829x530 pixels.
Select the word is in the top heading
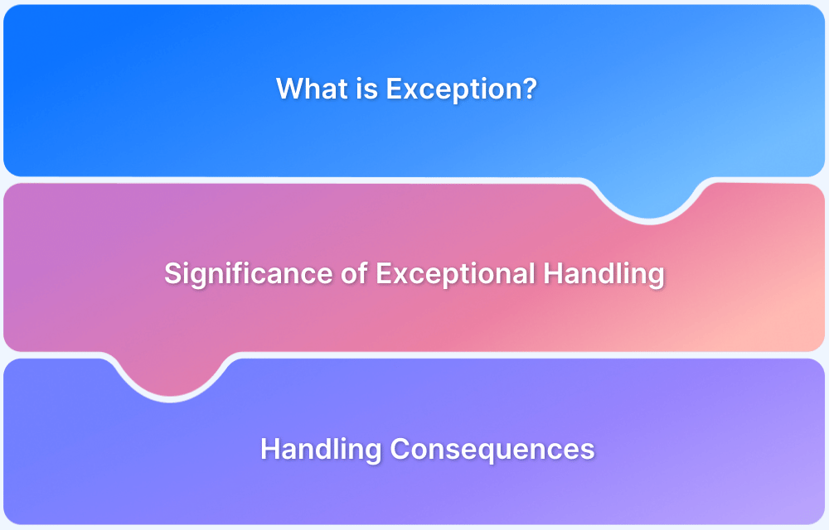[364, 89]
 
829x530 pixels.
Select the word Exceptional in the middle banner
[454, 273]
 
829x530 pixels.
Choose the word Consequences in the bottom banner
[492, 449]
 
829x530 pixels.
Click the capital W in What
[287, 89]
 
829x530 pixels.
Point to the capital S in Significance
[172, 273]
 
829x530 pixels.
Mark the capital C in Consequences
[400, 449]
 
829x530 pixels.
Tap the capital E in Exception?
[393, 89]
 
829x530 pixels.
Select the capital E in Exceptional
[383, 273]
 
